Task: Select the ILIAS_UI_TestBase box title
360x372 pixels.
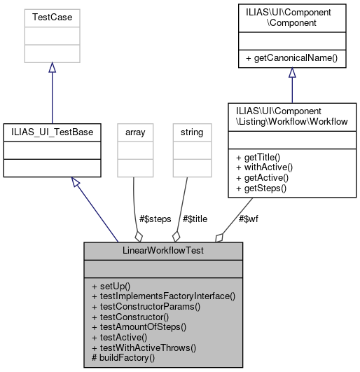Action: [52, 131]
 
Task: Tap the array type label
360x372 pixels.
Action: [134, 131]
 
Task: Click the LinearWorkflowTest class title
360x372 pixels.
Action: [164, 249]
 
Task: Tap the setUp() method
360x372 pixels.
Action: [116, 287]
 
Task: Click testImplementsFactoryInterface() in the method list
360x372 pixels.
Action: [163, 297]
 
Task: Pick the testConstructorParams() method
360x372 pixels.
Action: [146, 307]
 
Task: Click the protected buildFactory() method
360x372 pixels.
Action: [123, 357]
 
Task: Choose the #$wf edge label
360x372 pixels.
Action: [247, 219]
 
